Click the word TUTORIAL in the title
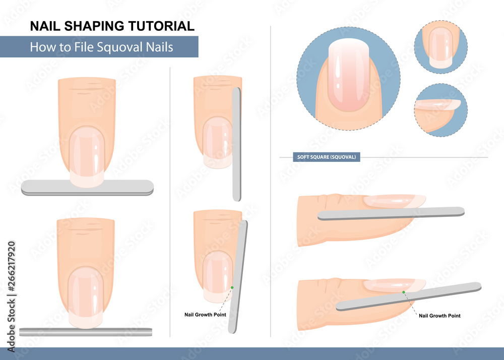[161, 26]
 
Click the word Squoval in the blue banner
[119, 47]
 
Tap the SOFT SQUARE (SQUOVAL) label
[326, 157]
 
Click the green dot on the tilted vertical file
[232, 288]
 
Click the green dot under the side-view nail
[403, 292]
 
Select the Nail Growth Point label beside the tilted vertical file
[205, 315]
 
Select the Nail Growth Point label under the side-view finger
[439, 316]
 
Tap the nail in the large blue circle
[349, 75]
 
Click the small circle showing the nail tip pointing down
[440, 47]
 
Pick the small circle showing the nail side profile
[440, 110]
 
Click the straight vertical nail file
[236, 144]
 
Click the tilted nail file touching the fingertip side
[238, 277]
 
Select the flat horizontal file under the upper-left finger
[87, 188]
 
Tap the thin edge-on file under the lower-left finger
[86, 332]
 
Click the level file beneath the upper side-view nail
[391, 213]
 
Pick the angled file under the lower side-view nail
[409, 296]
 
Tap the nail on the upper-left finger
[87, 156]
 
